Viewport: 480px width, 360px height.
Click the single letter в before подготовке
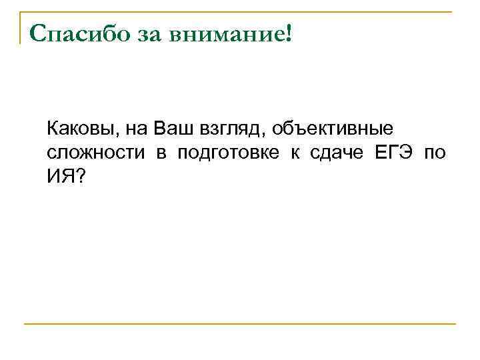pos(161,153)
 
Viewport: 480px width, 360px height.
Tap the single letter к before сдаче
pos(294,153)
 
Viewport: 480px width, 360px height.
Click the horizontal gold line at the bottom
pos(240,325)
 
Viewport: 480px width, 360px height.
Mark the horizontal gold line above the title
pos(240,11)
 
